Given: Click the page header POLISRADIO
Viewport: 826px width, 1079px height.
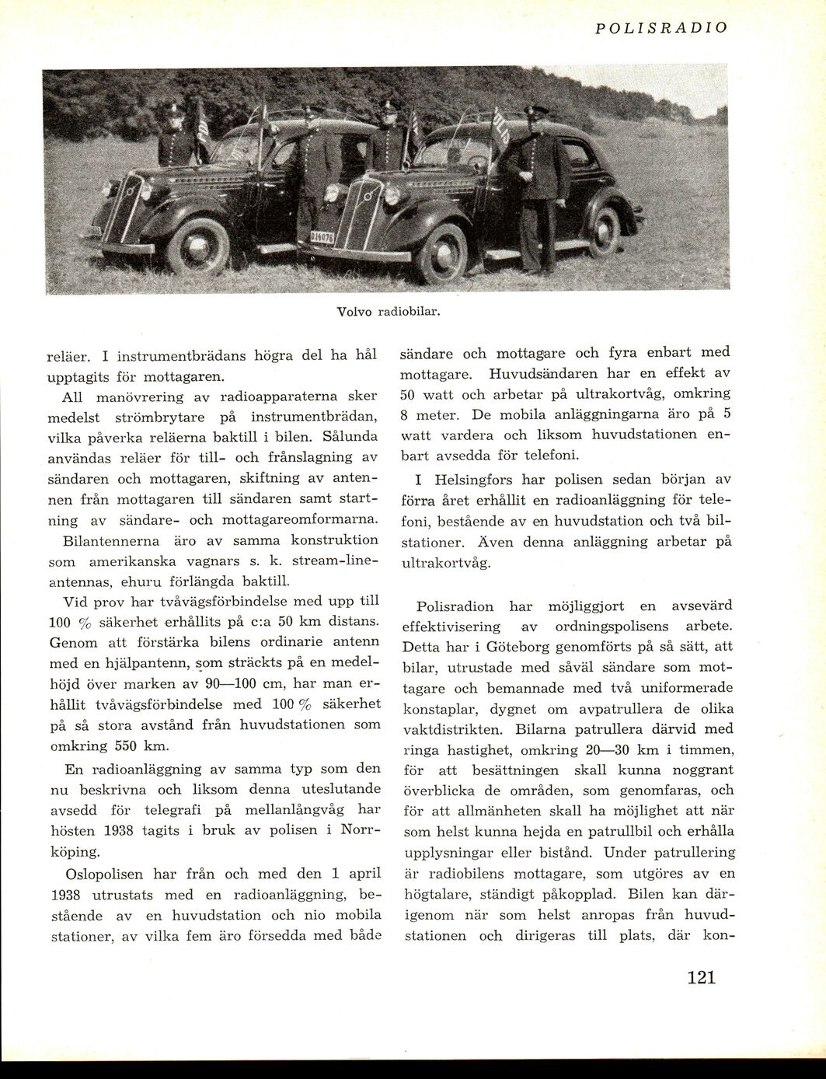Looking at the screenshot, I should pyautogui.click(x=660, y=28).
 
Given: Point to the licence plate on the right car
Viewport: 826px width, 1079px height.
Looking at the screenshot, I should pyautogui.click(x=322, y=237).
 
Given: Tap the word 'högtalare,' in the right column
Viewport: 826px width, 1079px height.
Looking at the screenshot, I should pyautogui.click(x=444, y=894).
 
